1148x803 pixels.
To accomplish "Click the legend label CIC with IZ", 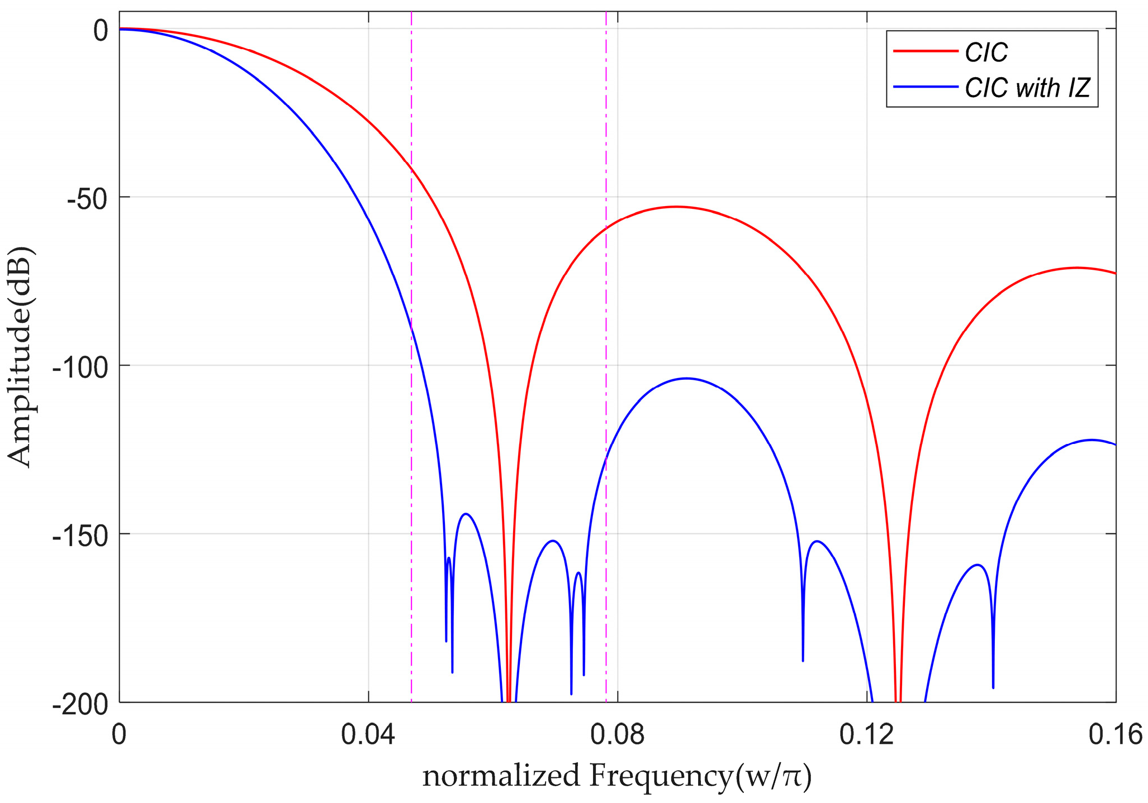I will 1027,88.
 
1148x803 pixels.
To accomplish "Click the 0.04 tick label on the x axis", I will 368,735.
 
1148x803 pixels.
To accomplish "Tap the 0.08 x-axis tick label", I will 617,735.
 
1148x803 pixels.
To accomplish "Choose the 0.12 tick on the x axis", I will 866,735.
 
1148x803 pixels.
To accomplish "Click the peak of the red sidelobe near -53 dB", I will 676,207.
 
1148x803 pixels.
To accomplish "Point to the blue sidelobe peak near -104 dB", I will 686,379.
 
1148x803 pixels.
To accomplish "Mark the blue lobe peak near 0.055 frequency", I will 466,514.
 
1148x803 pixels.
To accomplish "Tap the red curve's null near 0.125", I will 898,698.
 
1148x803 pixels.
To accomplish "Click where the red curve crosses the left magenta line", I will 411,168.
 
